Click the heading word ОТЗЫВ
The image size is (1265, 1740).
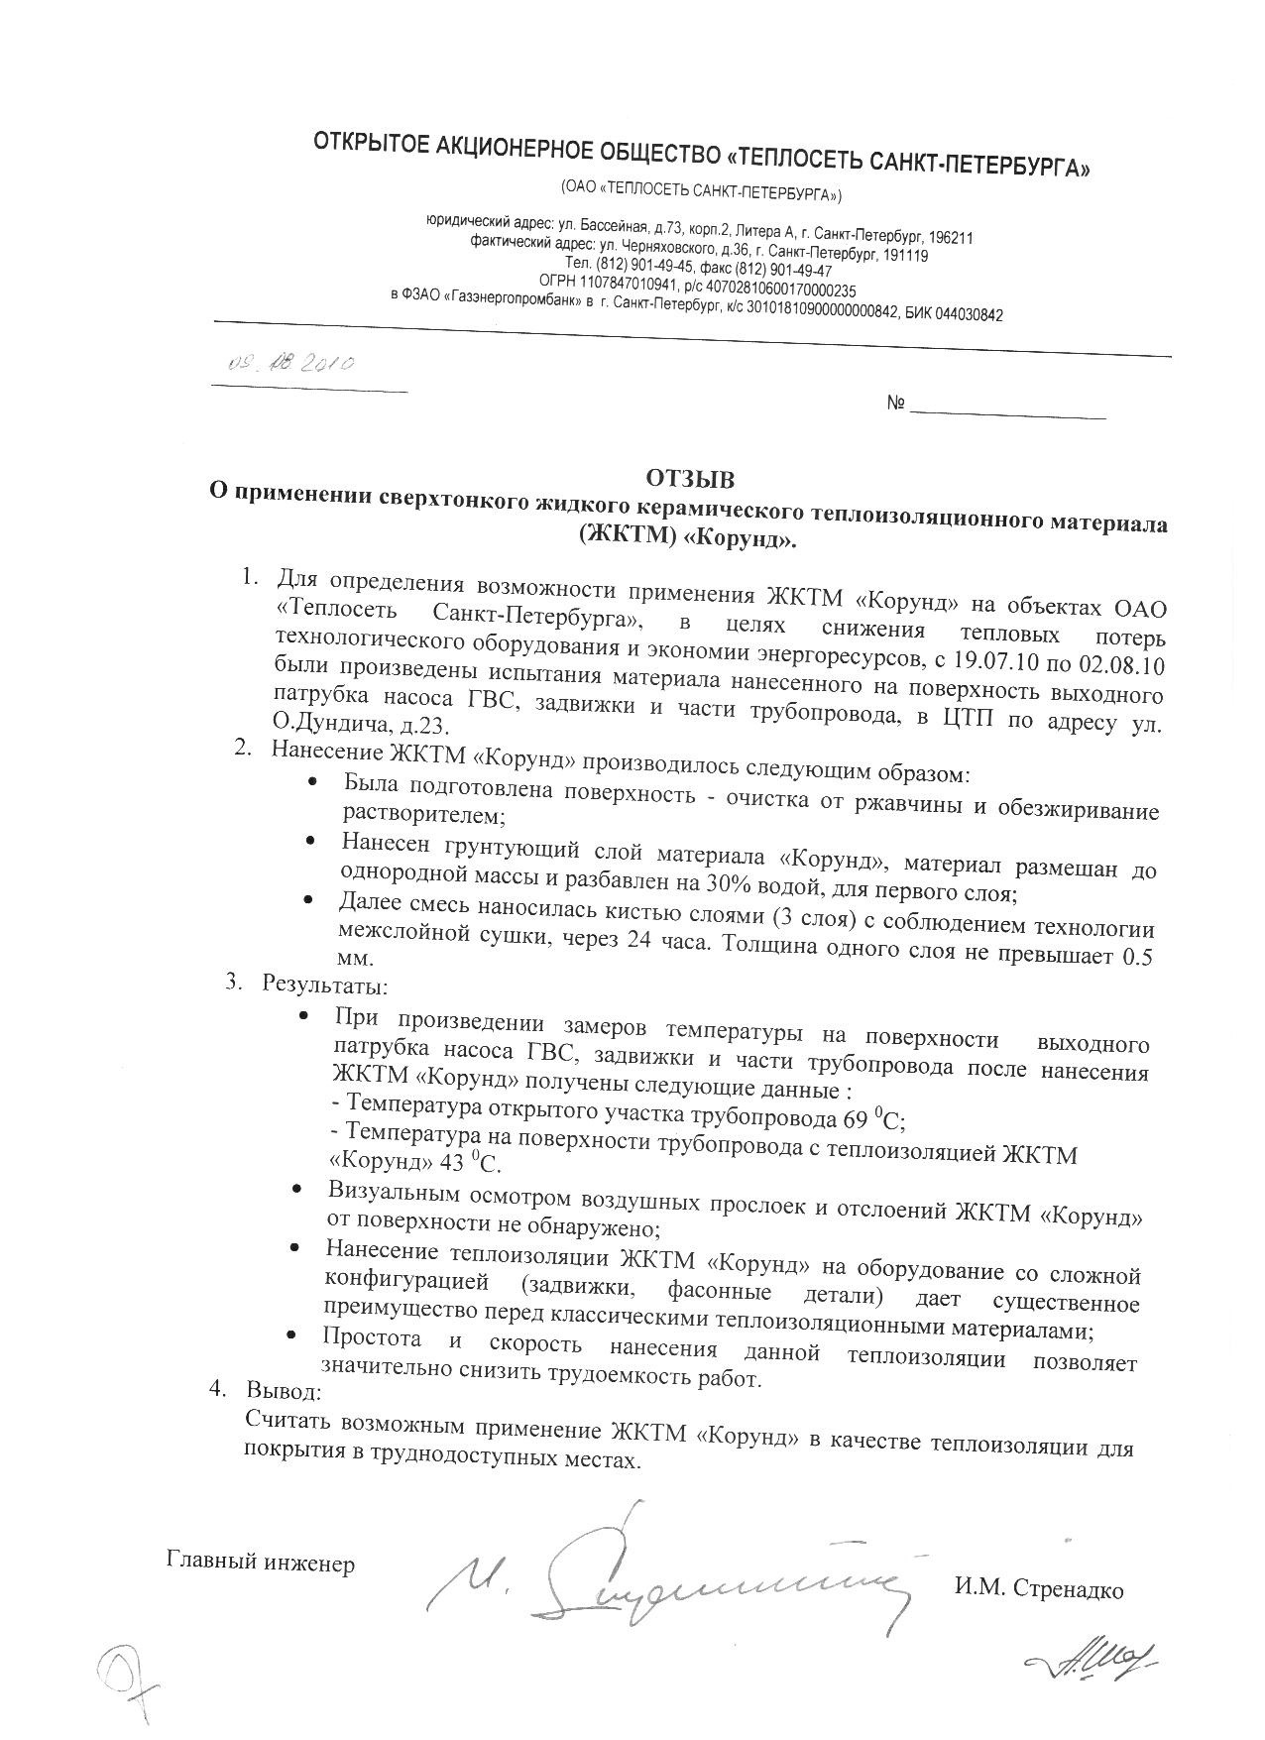coord(690,480)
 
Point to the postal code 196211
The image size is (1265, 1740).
coord(949,238)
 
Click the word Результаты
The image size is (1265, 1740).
coord(324,986)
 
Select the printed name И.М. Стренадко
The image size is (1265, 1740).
coord(1038,1590)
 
